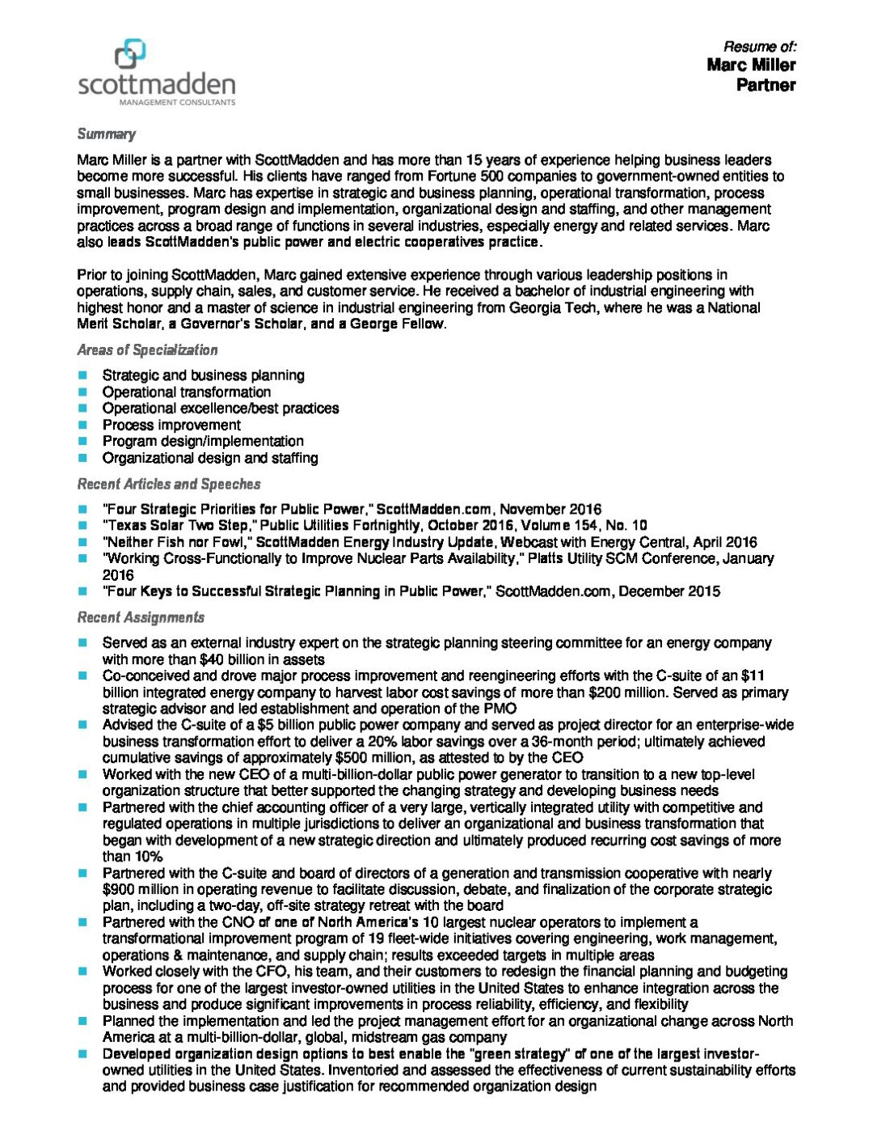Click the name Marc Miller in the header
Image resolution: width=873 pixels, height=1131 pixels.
[x=751, y=66]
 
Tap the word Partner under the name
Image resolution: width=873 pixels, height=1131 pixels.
[x=765, y=85]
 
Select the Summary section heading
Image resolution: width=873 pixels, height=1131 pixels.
[x=106, y=134]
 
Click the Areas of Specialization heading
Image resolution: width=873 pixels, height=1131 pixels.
[x=147, y=350]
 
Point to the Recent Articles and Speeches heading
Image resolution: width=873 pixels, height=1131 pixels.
[x=169, y=484]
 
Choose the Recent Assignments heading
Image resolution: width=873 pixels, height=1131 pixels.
[x=141, y=617]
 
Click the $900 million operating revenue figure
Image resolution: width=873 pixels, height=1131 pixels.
[x=142, y=890]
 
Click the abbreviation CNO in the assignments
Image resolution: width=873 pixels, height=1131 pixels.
[x=238, y=922]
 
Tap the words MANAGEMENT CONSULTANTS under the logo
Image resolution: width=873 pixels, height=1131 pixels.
[x=178, y=103]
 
